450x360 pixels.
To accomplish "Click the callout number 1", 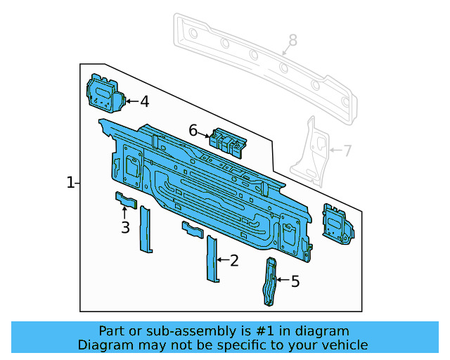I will coord(70,183).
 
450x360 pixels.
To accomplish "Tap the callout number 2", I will coord(234,261).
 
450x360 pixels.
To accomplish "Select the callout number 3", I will coord(125,227).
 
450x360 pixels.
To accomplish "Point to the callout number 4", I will coord(144,101).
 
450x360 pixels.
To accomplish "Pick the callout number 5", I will coord(295,281).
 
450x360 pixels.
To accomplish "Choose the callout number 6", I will coord(193,129).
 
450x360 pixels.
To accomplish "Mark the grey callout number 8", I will coord(292,40).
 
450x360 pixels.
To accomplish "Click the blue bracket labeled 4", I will coord(104,94).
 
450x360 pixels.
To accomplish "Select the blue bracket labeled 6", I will coord(228,140).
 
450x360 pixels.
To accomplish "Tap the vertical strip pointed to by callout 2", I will coord(211,259).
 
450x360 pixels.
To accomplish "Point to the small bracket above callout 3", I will coord(124,200).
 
